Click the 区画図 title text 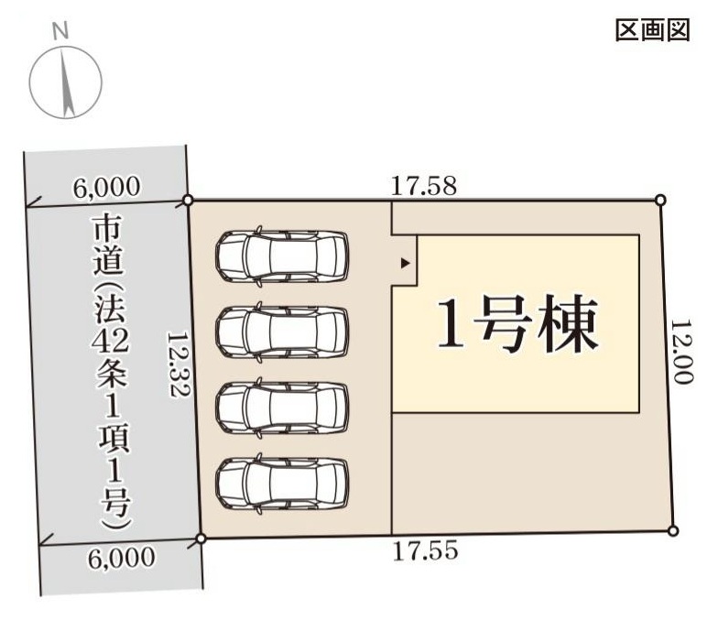pos(652,30)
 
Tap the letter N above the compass pos(60,31)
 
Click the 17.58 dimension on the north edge pos(423,185)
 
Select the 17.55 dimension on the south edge pos(425,550)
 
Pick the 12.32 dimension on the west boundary pos(178,365)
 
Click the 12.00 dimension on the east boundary pos(681,352)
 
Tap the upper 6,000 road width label pos(107,187)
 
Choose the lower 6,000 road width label pos(121,558)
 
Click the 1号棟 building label pos(518,323)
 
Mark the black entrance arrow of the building pos(406,263)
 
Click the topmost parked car pos(283,256)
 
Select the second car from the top pos(283,332)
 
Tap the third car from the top pos(283,408)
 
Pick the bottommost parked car pos(283,484)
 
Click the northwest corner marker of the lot pos(189,200)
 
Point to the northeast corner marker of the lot pos(660,200)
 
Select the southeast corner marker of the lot pos(672,531)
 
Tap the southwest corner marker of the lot pos(201,539)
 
